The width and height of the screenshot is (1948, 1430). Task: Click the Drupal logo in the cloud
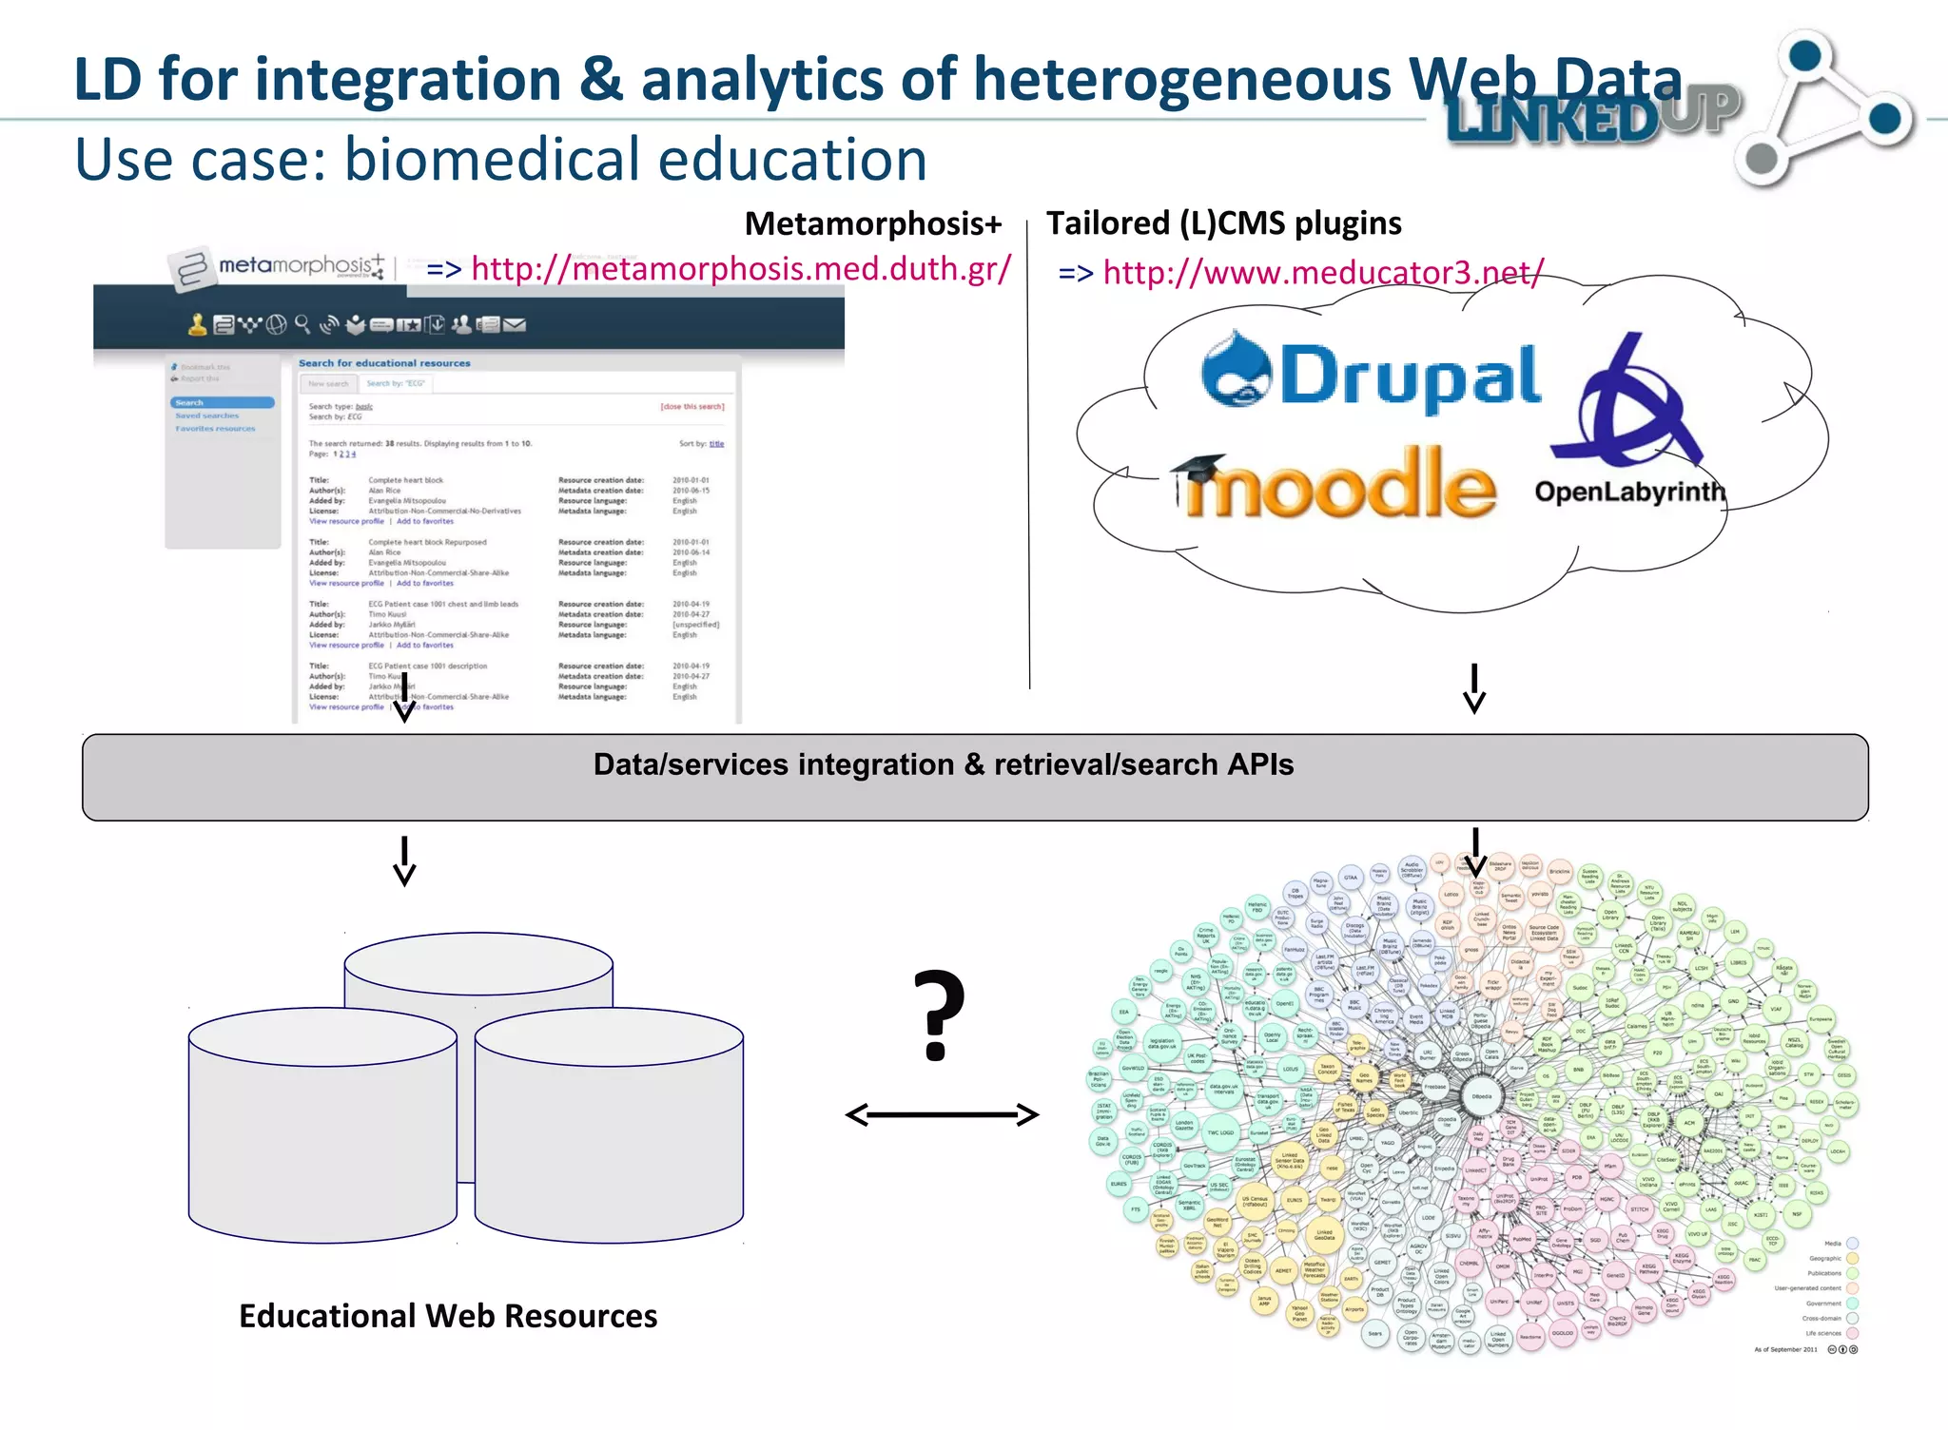pos(1370,375)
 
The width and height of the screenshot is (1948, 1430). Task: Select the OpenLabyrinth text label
pos(1628,492)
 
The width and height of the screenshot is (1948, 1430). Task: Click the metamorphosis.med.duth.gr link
pos(740,269)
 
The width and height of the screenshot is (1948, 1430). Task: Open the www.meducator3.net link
pos(1322,274)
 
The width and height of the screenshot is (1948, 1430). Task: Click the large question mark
pos(938,1015)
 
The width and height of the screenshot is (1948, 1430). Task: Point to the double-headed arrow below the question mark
pos(942,1114)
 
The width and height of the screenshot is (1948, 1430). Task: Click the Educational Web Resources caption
pos(448,1316)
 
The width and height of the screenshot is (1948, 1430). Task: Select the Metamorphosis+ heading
pos(872,223)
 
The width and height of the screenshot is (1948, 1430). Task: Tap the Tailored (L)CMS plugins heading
pos(1223,223)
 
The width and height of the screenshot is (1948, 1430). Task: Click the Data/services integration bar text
pos(943,764)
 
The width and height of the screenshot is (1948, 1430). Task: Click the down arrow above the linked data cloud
pos(1475,852)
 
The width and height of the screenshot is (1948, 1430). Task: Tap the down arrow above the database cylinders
pos(404,860)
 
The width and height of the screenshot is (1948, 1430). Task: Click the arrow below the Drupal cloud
pos(1474,687)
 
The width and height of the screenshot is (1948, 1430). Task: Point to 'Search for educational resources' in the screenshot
pos(384,363)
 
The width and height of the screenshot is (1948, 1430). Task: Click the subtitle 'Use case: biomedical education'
pos(500,159)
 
